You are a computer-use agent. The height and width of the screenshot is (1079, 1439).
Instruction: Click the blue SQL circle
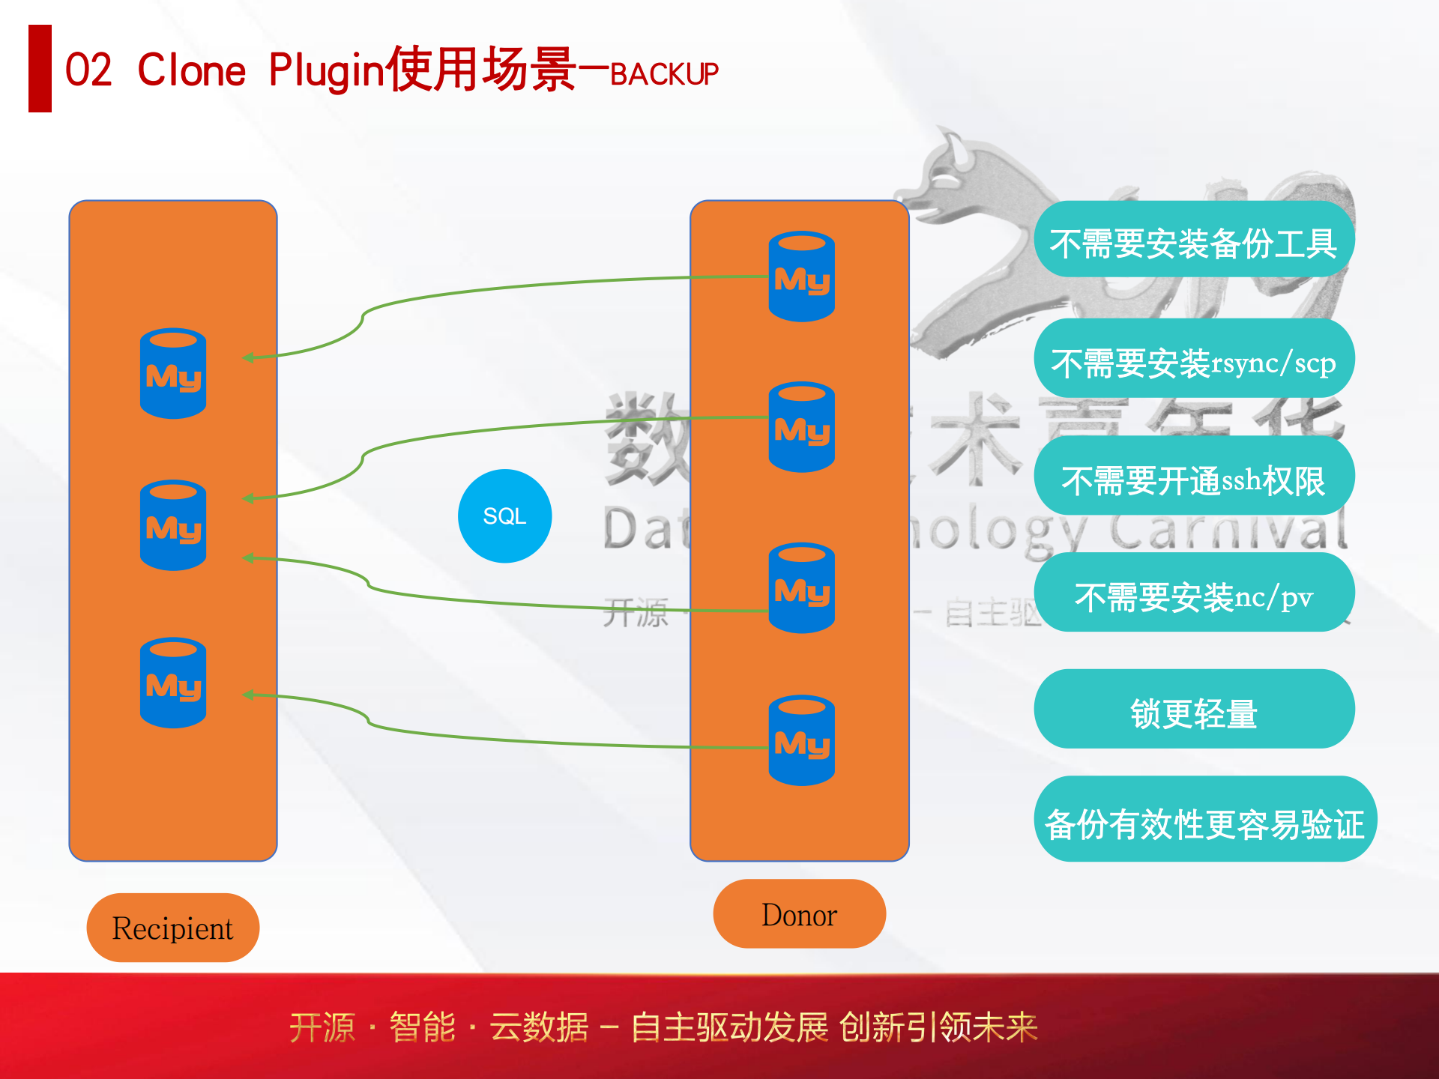click(504, 516)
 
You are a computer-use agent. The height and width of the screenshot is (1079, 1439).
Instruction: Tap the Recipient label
click(172, 928)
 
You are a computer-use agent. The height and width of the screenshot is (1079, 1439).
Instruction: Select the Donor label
click(799, 914)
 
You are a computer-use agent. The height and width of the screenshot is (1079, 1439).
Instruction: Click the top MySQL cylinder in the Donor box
click(801, 276)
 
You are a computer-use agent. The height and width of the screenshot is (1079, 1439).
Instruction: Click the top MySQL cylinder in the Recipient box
click(173, 373)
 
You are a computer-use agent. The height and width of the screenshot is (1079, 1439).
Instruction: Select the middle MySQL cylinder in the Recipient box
click(173, 525)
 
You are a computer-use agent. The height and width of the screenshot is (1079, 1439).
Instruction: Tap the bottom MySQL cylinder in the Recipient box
click(173, 683)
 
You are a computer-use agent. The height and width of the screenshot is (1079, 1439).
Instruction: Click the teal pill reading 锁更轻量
click(1193, 710)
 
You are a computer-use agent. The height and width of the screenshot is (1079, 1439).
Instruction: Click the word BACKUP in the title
click(664, 74)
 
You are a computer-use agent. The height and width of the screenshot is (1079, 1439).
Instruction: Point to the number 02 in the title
click(88, 70)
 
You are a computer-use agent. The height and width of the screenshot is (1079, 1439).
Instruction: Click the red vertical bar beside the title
click(40, 68)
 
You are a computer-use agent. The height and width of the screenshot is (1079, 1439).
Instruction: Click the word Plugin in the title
click(325, 70)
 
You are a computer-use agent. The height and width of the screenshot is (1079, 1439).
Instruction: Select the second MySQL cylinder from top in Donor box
click(801, 427)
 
